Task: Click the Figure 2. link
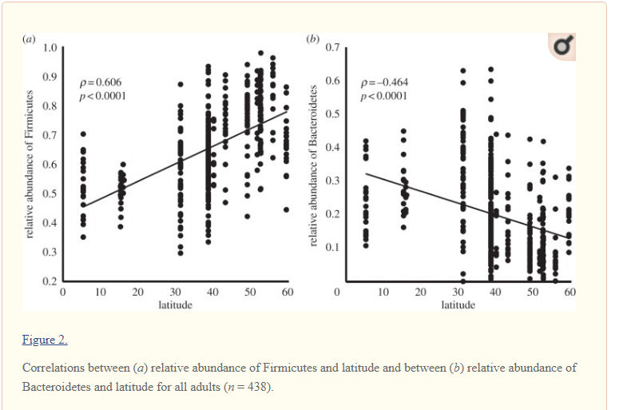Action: pos(45,340)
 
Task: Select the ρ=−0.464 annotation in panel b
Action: pos(385,82)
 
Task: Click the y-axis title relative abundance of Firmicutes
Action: pos(30,163)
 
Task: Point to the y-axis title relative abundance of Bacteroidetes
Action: pos(314,164)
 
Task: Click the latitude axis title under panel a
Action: pos(175,305)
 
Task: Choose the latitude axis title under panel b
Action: pos(458,305)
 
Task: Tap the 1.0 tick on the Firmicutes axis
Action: pos(49,47)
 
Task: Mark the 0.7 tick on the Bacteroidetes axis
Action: pos(333,48)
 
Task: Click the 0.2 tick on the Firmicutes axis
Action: pos(49,281)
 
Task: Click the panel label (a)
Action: pos(30,38)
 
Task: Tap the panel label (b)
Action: pos(313,38)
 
